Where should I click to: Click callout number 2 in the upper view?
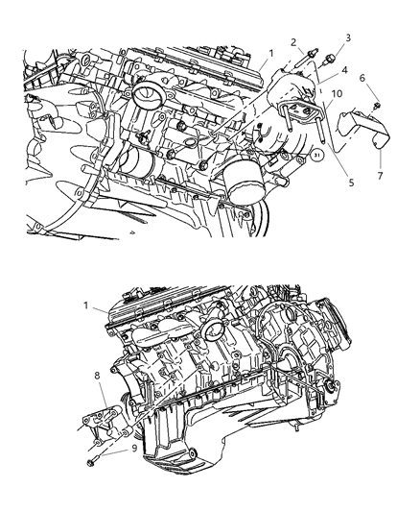pyautogui.click(x=291, y=43)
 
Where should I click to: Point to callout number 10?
pyautogui.click(x=337, y=93)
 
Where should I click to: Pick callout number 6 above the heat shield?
pyautogui.click(x=362, y=78)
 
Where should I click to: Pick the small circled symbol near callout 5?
pyautogui.click(x=317, y=150)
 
